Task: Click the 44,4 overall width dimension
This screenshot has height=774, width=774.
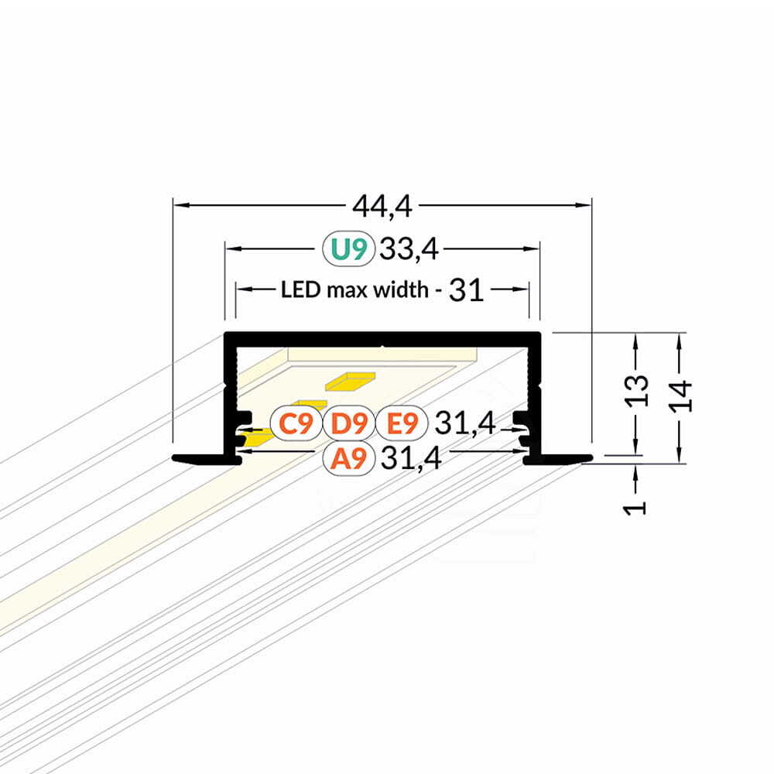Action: coord(382,207)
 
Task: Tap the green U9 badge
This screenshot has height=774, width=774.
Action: coord(349,248)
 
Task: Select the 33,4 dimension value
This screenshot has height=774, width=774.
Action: coord(409,248)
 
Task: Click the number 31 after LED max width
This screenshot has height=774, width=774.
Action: coord(466,290)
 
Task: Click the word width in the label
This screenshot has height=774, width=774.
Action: coord(400,289)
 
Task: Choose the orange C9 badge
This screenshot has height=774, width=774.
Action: coord(296,423)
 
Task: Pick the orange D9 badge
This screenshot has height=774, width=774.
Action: coord(349,423)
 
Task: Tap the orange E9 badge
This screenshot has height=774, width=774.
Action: coord(402,423)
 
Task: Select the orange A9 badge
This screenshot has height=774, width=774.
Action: coord(349,458)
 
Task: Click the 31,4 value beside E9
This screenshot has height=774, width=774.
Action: coord(464,423)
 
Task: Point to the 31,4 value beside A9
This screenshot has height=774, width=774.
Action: coord(411,458)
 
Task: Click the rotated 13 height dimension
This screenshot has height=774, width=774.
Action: coord(637,391)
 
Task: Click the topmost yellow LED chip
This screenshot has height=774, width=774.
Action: coord(350,381)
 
